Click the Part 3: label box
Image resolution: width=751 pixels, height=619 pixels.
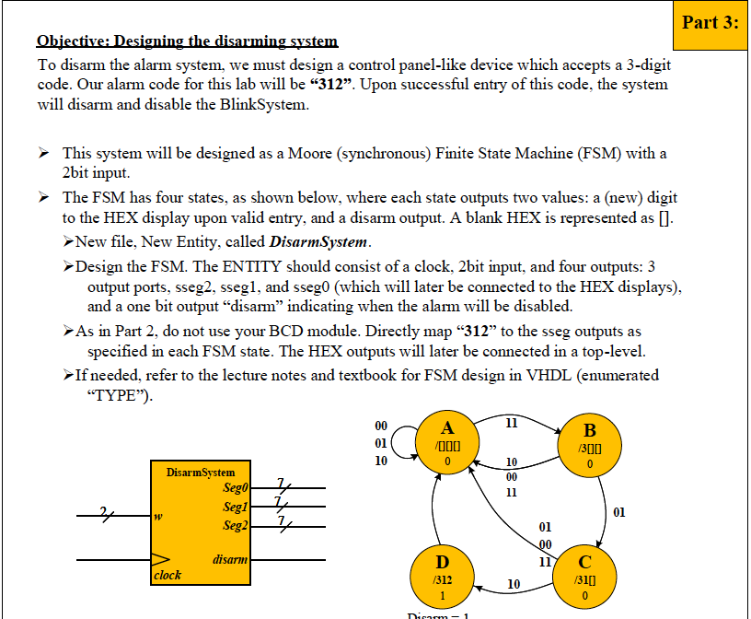coord(711,22)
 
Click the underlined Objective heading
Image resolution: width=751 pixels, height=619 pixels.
coord(187,41)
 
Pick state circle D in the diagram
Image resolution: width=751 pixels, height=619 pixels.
coord(443,577)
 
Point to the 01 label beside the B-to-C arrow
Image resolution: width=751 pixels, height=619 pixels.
coord(618,511)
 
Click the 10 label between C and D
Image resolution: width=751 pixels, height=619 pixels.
coord(514,584)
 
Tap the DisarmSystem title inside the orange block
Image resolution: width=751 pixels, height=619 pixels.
coord(201,473)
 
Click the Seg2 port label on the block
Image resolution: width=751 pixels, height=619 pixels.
coord(237,525)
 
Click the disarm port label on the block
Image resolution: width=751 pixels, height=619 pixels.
coord(229,558)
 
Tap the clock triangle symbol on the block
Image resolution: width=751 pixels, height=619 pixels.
coord(161,558)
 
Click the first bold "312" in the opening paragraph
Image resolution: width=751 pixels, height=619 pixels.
coord(330,84)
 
